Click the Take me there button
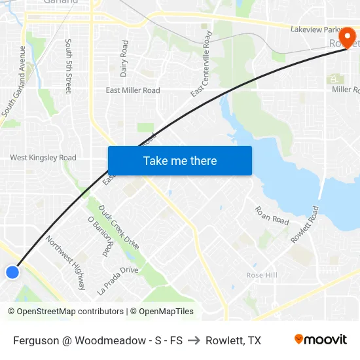coord(180,160)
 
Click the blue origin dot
coord(12,272)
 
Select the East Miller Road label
coord(133,90)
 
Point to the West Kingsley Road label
coord(43,158)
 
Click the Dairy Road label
coord(124,58)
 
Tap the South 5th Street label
coord(68,65)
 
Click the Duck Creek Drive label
coord(118,227)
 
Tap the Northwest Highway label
coord(65,262)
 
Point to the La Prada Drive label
coord(117,280)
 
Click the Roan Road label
coord(272,215)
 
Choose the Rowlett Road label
coord(304,225)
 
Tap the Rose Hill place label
coord(262,276)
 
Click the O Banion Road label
coord(99,236)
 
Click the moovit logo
coord(320,340)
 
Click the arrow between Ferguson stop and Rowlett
coord(194,340)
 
